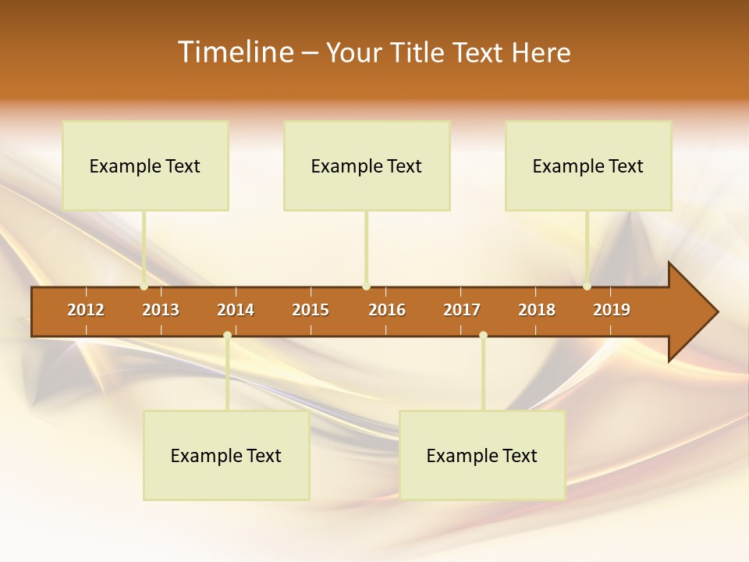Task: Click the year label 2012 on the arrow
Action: coord(86,310)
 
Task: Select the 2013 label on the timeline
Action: coord(161,310)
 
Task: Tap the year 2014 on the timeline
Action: coord(236,310)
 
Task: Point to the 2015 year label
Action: coord(311,310)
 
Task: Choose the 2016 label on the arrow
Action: coord(387,310)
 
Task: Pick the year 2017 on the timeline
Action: coord(462,310)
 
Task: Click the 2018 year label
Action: coord(537,310)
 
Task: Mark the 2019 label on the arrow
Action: coord(612,310)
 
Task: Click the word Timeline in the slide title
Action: coord(235,52)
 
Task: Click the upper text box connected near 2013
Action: coord(145,165)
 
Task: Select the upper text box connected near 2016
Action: coord(367,165)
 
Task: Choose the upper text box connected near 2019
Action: coord(588,165)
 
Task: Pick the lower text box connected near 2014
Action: coord(226,455)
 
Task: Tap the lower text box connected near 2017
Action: coord(482,455)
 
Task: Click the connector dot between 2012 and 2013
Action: coord(144,286)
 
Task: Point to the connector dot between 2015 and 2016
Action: coord(366,286)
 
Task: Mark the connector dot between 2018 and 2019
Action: coord(587,286)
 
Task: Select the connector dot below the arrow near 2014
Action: coord(227,336)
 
